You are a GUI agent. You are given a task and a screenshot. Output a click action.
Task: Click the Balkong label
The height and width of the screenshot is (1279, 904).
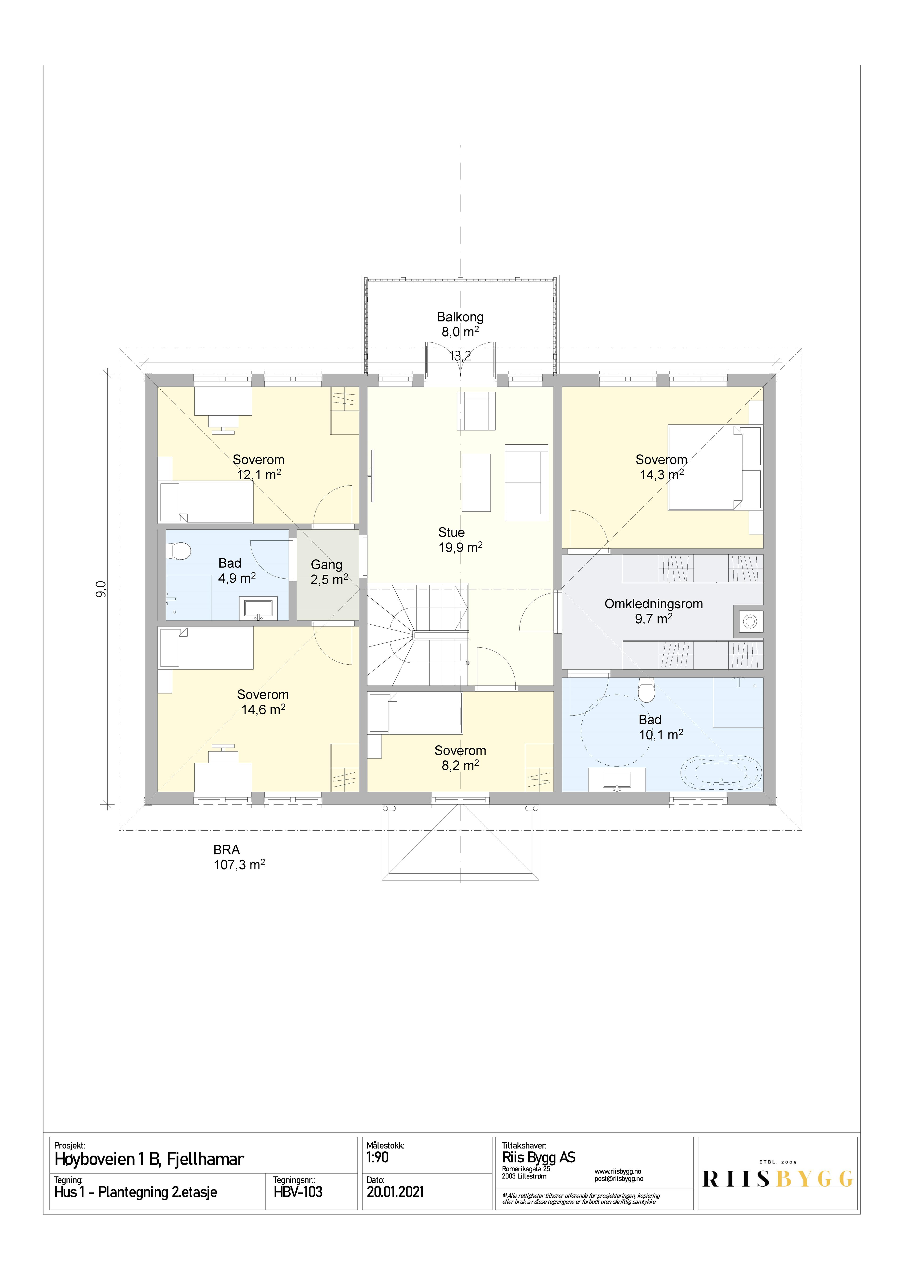coord(460,317)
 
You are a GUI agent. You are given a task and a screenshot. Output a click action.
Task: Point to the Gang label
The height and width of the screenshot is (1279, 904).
coord(326,565)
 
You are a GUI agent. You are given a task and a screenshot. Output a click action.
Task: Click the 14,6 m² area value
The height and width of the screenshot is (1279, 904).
coord(263,709)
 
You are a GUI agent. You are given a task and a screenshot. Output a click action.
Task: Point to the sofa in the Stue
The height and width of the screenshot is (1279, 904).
coord(526,482)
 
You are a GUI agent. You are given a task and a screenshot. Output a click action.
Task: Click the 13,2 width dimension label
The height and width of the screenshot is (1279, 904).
coord(460,356)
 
